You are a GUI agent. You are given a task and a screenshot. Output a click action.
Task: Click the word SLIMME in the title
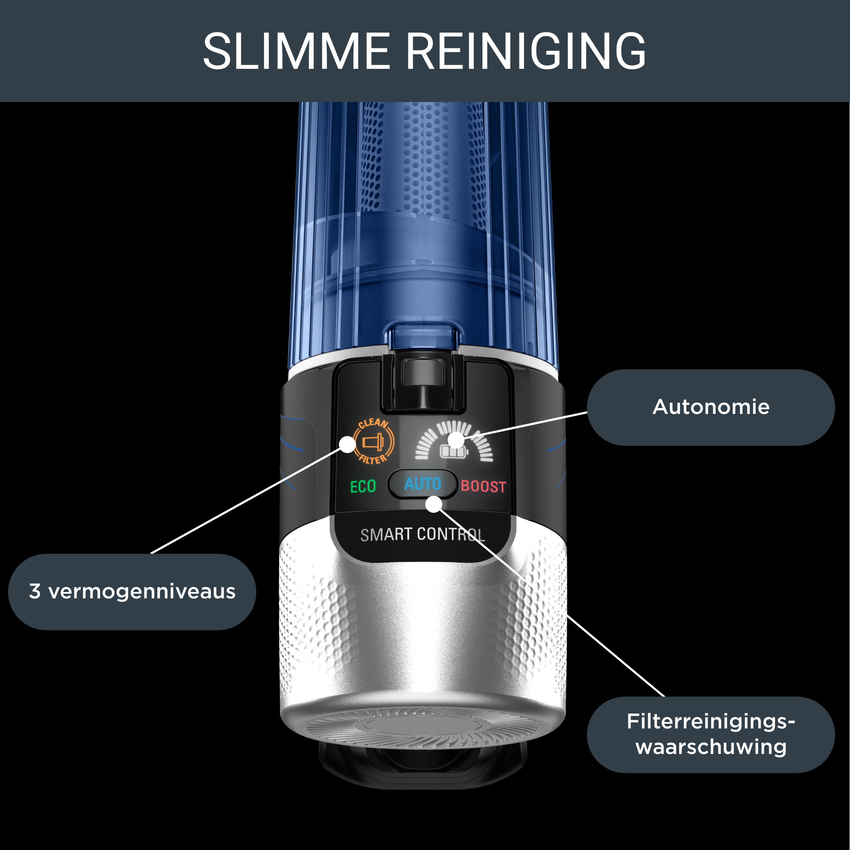(296, 51)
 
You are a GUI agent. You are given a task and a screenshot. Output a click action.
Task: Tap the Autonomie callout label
(711, 407)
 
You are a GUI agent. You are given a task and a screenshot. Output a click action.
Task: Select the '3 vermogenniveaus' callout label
(132, 592)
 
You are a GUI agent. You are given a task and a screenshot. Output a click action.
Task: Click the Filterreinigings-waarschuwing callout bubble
(711, 734)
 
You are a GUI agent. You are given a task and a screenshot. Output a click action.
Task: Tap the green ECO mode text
(363, 487)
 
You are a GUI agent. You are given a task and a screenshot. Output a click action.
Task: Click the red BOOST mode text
(484, 487)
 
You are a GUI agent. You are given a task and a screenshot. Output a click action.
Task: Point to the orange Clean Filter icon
(374, 441)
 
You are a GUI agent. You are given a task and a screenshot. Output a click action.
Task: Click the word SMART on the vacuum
(386, 535)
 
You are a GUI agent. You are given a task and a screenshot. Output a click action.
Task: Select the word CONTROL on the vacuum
(451, 535)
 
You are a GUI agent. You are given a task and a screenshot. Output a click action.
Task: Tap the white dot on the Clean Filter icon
(348, 445)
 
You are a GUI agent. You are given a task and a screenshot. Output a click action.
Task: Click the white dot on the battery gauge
(456, 440)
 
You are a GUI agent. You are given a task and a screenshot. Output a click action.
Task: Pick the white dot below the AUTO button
(434, 504)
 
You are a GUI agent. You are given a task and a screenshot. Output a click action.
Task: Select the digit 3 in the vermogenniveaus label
(35, 592)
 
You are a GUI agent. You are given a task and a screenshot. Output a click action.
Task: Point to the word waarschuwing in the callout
(711, 748)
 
